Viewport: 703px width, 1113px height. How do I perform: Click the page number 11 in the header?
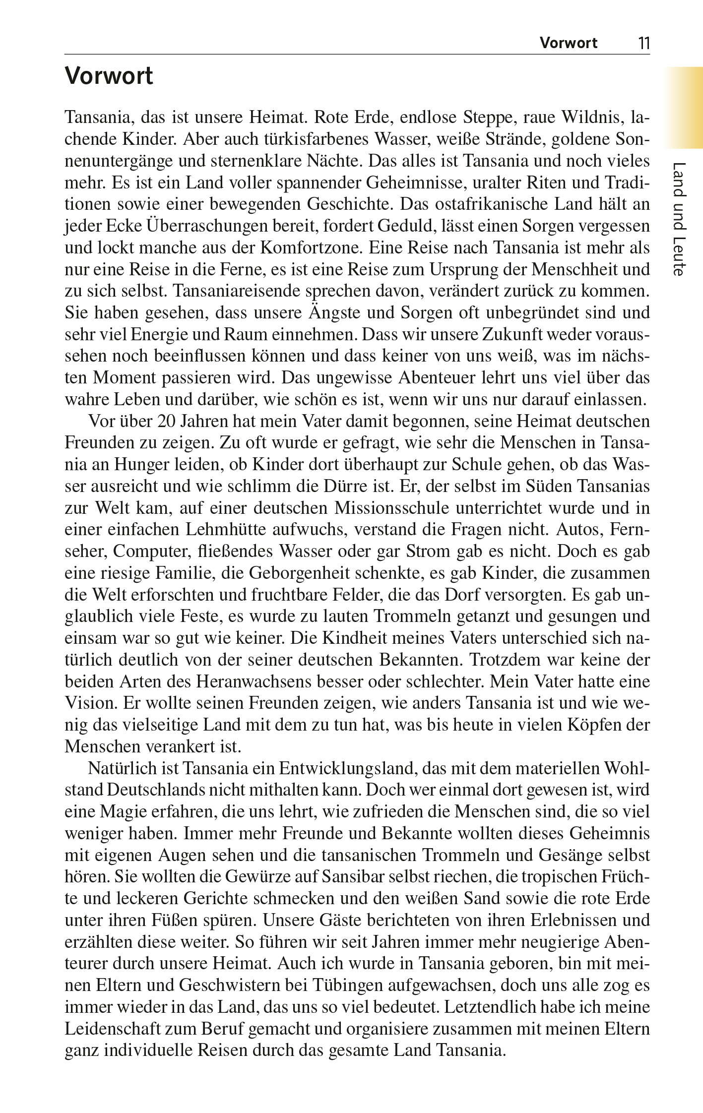coord(643,43)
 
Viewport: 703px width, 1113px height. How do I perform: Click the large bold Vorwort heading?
coord(109,76)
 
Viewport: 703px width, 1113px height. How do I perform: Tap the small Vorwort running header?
coord(569,43)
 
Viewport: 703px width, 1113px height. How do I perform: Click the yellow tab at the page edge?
coord(685,107)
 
